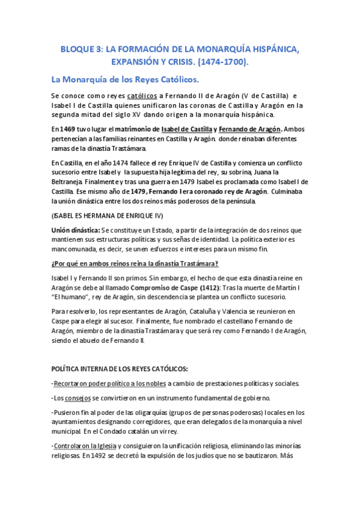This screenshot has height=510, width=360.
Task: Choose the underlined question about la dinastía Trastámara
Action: (x=135, y=264)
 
